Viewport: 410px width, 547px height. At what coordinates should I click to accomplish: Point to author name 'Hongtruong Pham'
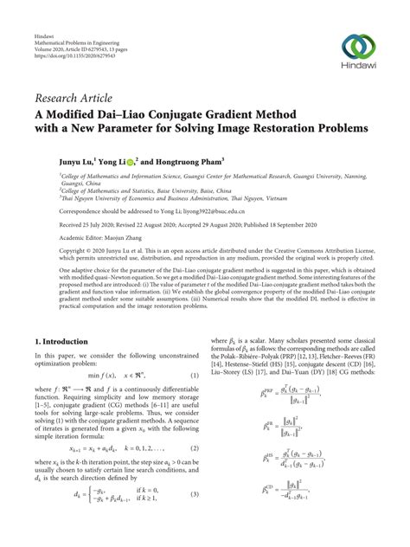point(195,160)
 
